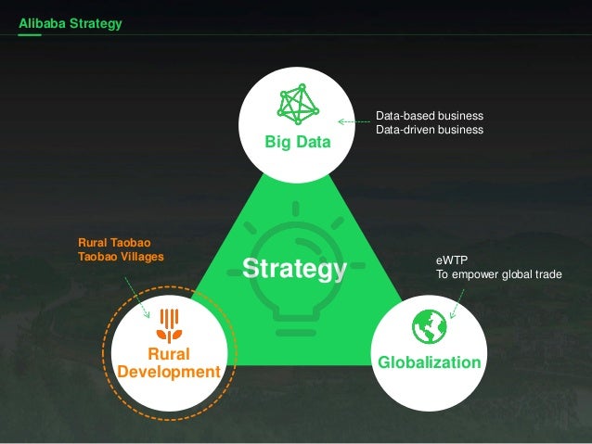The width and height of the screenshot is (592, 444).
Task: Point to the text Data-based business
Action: point(429,116)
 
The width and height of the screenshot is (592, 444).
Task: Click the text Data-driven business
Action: point(429,130)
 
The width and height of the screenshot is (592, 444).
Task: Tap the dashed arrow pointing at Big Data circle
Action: point(354,121)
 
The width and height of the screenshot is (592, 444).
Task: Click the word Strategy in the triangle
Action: point(293,269)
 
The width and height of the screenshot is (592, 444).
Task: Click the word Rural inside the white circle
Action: point(169,355)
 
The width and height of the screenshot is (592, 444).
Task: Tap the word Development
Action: point(169,372)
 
